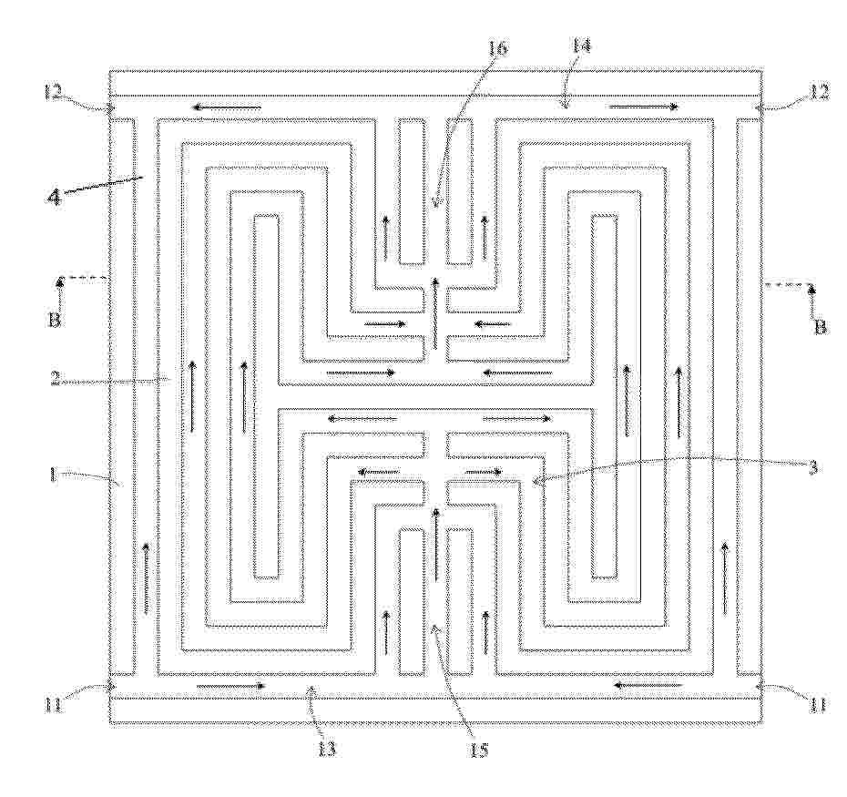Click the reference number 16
[x=497, y=48]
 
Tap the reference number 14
[x=580, y=46]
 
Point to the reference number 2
[x=56, y=380]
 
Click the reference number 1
[x=53, y=475]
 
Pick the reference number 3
[x=811, y=467]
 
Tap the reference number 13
[x=326, y=749]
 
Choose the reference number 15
[x=478, y=750]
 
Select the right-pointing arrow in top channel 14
[x=643, y=107]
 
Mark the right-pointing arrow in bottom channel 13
[x=231, y=686]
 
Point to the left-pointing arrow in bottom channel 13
[x=648, y=685]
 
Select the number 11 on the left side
[x=55, y=706]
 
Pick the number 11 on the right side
[x=817, y=705]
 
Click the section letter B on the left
[x=54, y=320]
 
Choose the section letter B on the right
[x=821, y=326]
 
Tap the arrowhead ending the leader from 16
[x=437, y=204]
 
